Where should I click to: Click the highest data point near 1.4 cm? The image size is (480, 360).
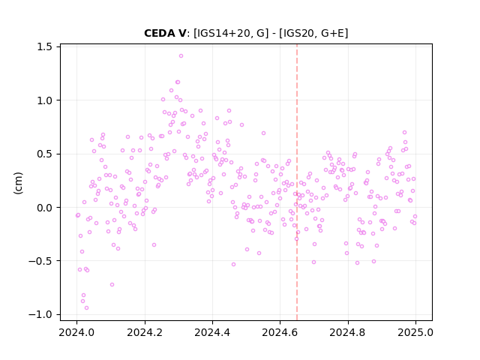click(181, 56)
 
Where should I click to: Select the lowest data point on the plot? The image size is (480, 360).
click(87, 308)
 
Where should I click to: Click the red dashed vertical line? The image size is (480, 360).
click(297, 182)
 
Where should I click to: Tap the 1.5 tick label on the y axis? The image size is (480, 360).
click(44, 46)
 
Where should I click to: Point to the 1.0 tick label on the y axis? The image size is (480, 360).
click(44, 100)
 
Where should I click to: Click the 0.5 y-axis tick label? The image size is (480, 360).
click(44, 154)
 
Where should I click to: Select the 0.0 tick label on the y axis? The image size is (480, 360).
click(44, 208)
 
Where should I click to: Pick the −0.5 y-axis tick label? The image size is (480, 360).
click(40, 261)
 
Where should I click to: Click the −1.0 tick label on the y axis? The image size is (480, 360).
click(40, 315)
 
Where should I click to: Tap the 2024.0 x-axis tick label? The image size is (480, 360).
click(76, 332)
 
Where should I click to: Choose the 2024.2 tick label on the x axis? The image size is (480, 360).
click(145, 332)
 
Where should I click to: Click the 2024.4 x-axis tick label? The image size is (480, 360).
click(212, 332)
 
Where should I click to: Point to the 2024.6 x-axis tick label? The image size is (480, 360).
click(280, 332)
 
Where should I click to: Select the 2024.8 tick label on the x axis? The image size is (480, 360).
click(348, 332)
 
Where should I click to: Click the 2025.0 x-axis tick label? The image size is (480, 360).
click(415, 332)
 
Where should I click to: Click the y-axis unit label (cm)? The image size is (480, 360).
click(18, 183)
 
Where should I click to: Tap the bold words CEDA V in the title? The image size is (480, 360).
click(165, 33)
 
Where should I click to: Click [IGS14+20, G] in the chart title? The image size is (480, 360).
click(232, 33)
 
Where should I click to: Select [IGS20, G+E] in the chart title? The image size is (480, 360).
click(313, 33)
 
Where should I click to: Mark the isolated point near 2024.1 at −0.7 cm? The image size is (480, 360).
click(112, 285)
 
